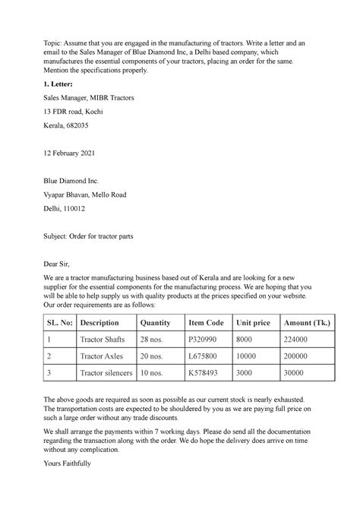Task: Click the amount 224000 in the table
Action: [x=296, y=341]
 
